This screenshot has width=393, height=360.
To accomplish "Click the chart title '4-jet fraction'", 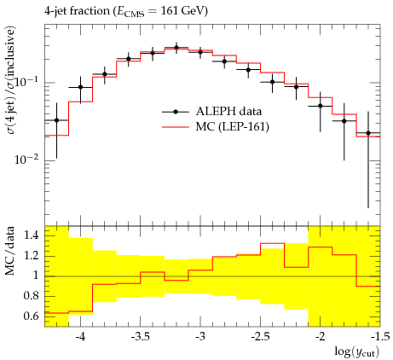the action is click(77, 11).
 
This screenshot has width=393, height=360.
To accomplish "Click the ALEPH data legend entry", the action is click(211, 112).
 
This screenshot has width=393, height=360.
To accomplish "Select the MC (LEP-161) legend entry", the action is click(216, 126).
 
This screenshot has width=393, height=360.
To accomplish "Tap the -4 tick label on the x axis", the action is click(81, 337).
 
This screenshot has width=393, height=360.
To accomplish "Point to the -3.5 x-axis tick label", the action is click(141, 337).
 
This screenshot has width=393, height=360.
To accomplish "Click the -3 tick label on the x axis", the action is click(200, 337).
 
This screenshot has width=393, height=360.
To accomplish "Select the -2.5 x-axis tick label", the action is click(260, 337).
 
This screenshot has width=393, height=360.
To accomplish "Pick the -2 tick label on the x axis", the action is click(321, 337).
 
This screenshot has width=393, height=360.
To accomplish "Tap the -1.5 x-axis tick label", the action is click(379, 337).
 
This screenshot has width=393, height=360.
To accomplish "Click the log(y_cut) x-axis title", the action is click(357, 351).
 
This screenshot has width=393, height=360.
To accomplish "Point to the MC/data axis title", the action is click(10, 251).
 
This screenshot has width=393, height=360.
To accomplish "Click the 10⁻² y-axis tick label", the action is click(27, 159).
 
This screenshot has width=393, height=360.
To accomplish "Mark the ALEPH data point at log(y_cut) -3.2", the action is click(176, 48).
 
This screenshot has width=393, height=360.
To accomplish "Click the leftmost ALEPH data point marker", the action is click(56, 120).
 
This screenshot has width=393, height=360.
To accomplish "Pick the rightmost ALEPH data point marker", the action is click(368, 133).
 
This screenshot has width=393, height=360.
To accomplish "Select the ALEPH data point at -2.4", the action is click(272, 82).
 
